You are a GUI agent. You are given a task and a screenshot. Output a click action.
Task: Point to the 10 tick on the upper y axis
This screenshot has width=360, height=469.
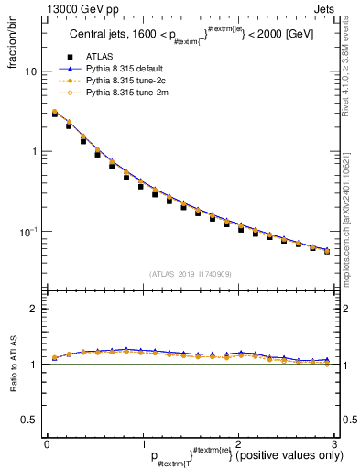[x=30, y=71]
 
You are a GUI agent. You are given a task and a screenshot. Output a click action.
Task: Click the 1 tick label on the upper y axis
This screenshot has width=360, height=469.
[x=34, y=151]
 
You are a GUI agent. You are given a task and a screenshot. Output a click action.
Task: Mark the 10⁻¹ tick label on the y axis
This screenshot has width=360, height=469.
[x=28, y=231]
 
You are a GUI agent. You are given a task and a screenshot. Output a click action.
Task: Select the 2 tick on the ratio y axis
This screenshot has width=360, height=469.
[x=34, y=310]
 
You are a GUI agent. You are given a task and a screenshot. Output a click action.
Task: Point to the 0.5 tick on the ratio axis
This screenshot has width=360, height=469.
[x=30, y=420]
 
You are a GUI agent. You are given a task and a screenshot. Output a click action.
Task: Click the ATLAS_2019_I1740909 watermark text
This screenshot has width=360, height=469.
[x=190, y=274]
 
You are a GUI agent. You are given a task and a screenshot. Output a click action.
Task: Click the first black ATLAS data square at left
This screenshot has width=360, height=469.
[x=55, y=115]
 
